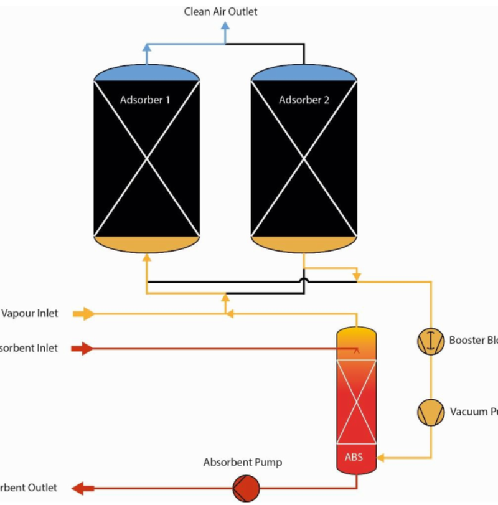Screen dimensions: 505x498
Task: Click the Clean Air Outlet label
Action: point(220,11)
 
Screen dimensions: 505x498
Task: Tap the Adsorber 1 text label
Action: point(145,100)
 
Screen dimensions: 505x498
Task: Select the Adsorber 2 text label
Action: point(304,100)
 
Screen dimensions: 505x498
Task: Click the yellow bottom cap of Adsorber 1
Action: point(147,245)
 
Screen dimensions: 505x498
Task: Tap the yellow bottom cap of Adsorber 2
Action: point(304,245)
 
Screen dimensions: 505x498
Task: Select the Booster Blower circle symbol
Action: point(430,341)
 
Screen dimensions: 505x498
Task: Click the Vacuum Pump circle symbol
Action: point(430,412)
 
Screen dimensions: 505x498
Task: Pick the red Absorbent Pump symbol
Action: point(246,488)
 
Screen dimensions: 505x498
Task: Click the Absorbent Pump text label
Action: point(242,463)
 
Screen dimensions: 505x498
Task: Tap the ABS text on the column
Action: point(354,456)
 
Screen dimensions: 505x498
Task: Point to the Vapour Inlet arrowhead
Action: point(87,314)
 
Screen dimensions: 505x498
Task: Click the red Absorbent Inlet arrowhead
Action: point(85,349)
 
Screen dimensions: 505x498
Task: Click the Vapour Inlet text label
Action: point(29,313)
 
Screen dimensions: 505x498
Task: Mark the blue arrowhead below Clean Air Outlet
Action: point(225,27)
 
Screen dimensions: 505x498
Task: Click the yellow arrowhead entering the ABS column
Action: point(382,458)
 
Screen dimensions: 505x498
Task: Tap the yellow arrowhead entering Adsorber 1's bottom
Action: point(146,258)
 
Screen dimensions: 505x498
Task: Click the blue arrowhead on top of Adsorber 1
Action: point(146,47)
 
